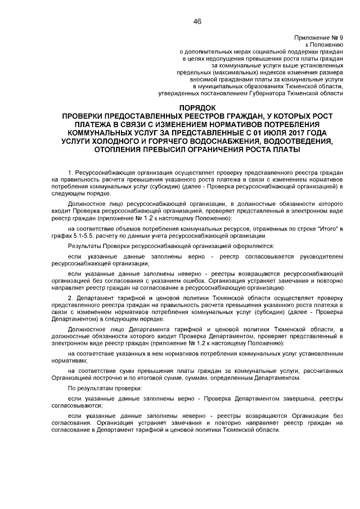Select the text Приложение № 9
click(x=318, y=38)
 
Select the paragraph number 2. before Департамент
click(x=70, y=296)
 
